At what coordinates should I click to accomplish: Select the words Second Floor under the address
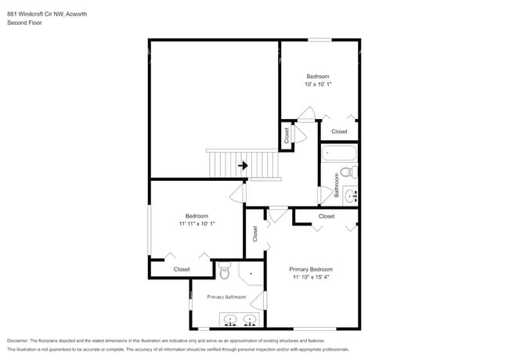click(23, 23)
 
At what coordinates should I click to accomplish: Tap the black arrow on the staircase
click(244, 165)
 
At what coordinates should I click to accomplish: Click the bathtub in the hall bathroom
click(339, 153)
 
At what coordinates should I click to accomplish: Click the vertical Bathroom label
click(337, 191)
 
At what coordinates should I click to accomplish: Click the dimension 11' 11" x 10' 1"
click(196, 223)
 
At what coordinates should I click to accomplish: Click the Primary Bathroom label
click(226, 297)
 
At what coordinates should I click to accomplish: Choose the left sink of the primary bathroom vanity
click(231, 319)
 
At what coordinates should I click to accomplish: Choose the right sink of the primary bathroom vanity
click(250, 319)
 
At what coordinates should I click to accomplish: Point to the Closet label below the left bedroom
click(182, 268)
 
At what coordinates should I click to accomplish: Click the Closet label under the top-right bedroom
click(338, 131)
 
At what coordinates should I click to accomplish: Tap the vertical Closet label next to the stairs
click(287, 135)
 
